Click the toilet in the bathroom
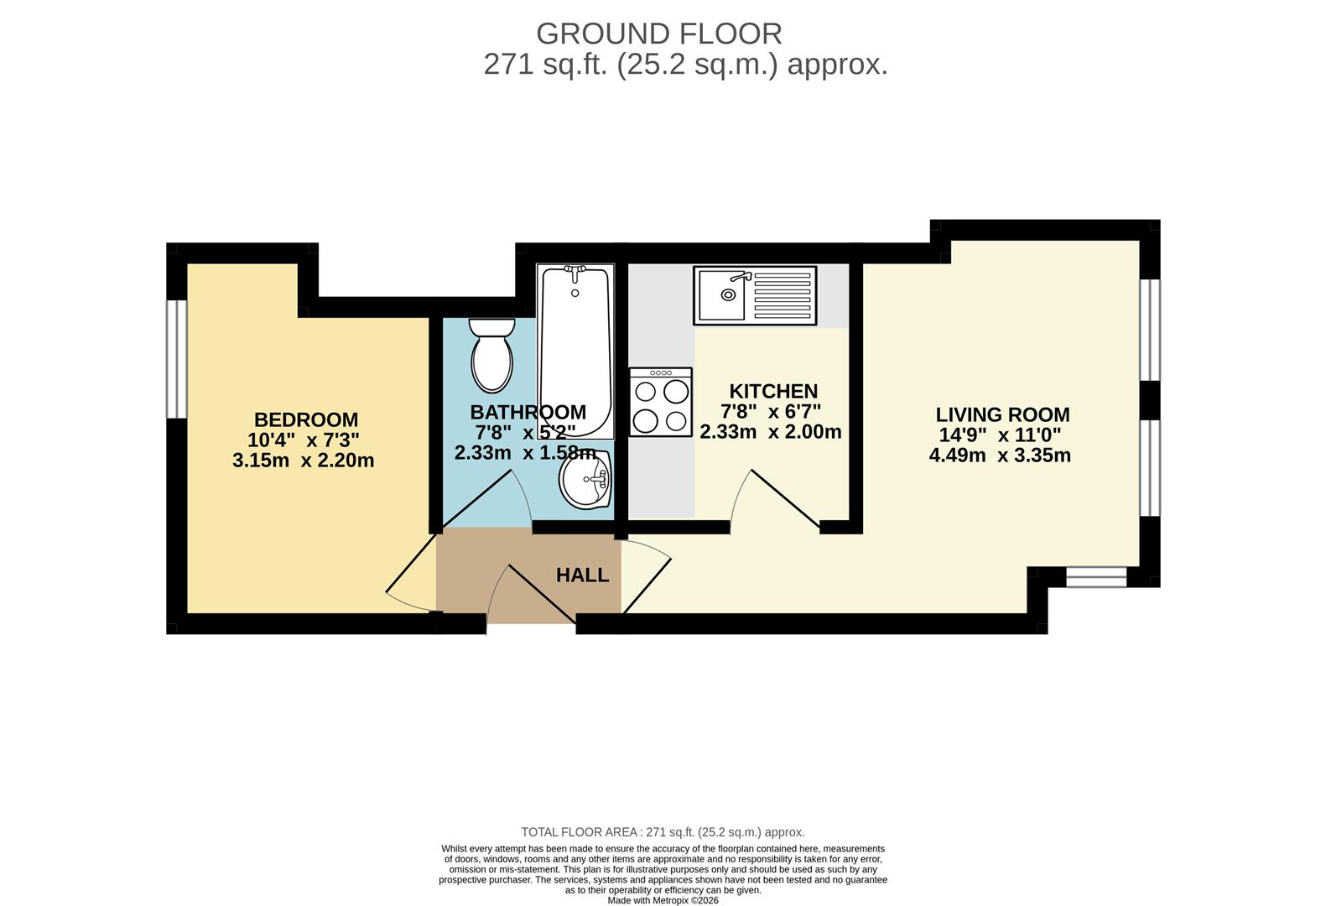[x=491, y=357]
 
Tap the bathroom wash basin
[x=585, y=482]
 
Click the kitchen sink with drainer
[x=755, y=295]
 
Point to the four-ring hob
[x=661, y=403]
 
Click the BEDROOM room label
[x=306, y=419]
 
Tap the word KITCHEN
[x=773, y=391]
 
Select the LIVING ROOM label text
[x=1002, y=414]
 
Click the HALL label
[x=582, y=575]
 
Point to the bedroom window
[x=176, y=358]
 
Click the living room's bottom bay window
[x=1096, y=576]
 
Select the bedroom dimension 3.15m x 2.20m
[x=304, y=461]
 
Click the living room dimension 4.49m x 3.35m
[x=1000, y=456]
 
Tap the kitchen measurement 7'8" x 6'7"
[x=771, y=411]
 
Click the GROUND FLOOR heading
[x=658, y=34]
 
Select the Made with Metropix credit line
[x=663, y=900]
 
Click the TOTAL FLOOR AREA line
[x=663, y=832]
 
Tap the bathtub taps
[x=575, y=272]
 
